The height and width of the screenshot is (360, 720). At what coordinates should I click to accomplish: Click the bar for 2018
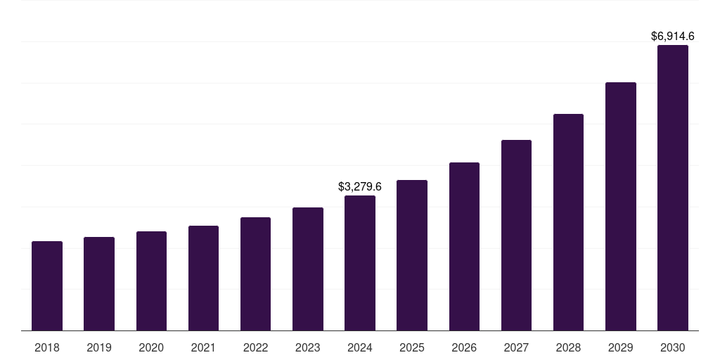47,286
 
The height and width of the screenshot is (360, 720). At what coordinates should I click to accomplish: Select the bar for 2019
99,284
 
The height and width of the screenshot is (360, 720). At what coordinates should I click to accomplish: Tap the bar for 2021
203,278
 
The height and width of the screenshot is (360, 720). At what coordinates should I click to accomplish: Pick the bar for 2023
308,269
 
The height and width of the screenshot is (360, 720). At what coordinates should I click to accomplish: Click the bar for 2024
360,263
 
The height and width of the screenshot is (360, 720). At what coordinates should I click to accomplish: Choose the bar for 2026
464,247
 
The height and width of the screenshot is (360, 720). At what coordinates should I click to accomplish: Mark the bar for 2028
568,222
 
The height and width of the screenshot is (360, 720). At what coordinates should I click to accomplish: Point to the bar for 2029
621,207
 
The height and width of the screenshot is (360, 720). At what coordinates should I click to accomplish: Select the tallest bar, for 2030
673,188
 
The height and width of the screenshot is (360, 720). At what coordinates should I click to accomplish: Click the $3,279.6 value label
360,187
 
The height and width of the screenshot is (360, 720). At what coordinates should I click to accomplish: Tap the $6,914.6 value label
673,36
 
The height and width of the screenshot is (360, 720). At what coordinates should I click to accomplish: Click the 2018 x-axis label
47,347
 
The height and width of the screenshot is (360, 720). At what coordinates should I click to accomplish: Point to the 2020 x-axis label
151,347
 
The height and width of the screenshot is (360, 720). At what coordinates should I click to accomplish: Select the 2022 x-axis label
255,347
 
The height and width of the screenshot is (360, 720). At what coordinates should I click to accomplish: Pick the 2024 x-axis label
360,347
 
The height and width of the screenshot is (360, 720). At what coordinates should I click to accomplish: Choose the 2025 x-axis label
412,347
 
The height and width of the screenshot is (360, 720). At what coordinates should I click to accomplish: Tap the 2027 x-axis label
516,347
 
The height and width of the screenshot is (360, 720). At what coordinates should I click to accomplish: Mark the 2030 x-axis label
673,347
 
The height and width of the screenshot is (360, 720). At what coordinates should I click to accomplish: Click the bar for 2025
412,255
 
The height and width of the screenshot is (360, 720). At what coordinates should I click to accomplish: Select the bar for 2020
151,281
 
